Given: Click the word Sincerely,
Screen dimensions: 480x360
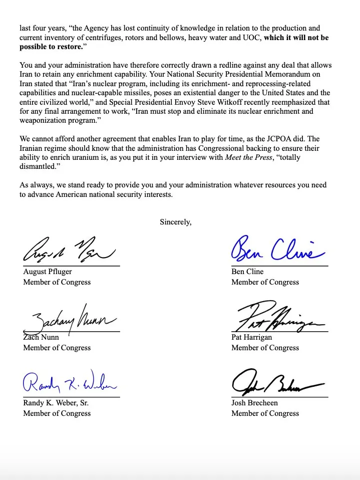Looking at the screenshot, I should tap(175, 221).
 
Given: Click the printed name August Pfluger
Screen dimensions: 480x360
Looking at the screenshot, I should tap(48, 272).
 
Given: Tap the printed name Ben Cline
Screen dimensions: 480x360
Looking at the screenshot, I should tap(247, 272).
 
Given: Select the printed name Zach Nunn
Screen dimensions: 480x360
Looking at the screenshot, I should tap(41, 337).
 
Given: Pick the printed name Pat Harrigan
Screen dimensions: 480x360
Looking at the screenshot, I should tap(252, 337).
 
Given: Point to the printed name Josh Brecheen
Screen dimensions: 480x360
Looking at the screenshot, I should tap(254, 403).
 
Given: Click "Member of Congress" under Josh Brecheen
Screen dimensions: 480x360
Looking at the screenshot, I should tap(265, 413).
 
